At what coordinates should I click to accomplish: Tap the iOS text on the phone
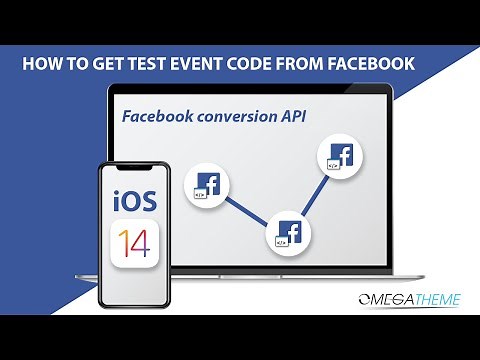(x=134, y=198)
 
